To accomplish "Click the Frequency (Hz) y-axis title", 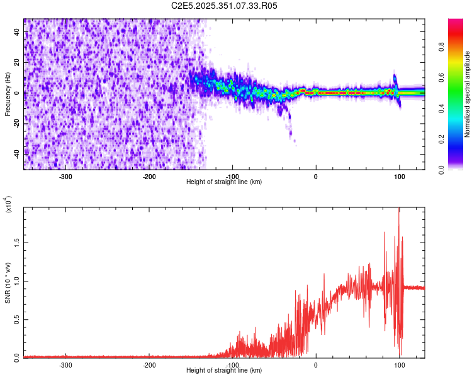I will point(8,94).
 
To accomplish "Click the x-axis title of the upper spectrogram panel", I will point(224,182).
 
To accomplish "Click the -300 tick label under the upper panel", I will point(66,176).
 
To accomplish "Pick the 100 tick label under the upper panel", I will point(399,176).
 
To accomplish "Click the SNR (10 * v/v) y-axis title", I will point(8,283).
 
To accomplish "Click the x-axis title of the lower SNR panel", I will point(224,371).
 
